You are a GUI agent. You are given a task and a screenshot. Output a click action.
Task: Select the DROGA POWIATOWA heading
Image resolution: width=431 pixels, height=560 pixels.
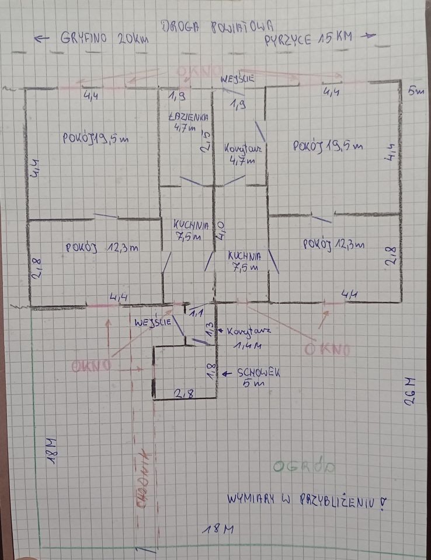[217, 25]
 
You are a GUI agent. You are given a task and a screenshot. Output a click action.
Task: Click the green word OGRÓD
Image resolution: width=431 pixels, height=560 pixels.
[303, 467]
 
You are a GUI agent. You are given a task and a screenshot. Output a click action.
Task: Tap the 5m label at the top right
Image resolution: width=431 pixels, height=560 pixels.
[415, 92]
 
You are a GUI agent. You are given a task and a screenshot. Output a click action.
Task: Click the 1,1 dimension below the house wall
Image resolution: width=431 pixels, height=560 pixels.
[196, 313]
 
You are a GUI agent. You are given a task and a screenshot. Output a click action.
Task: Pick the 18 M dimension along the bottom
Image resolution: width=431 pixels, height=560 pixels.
[217, 529]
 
